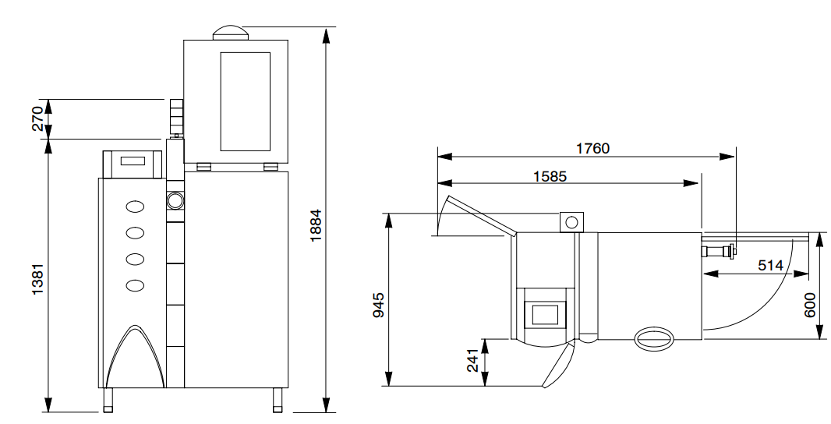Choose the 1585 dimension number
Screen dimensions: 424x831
545,176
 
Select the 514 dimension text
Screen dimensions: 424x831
770,265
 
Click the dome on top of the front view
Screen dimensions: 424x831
231,32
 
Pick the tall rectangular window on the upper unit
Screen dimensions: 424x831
245,101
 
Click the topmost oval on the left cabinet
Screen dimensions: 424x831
136,207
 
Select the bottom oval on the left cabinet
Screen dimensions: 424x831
136,285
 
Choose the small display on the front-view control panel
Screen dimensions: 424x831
133,161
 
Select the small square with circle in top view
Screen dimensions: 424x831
571,222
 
